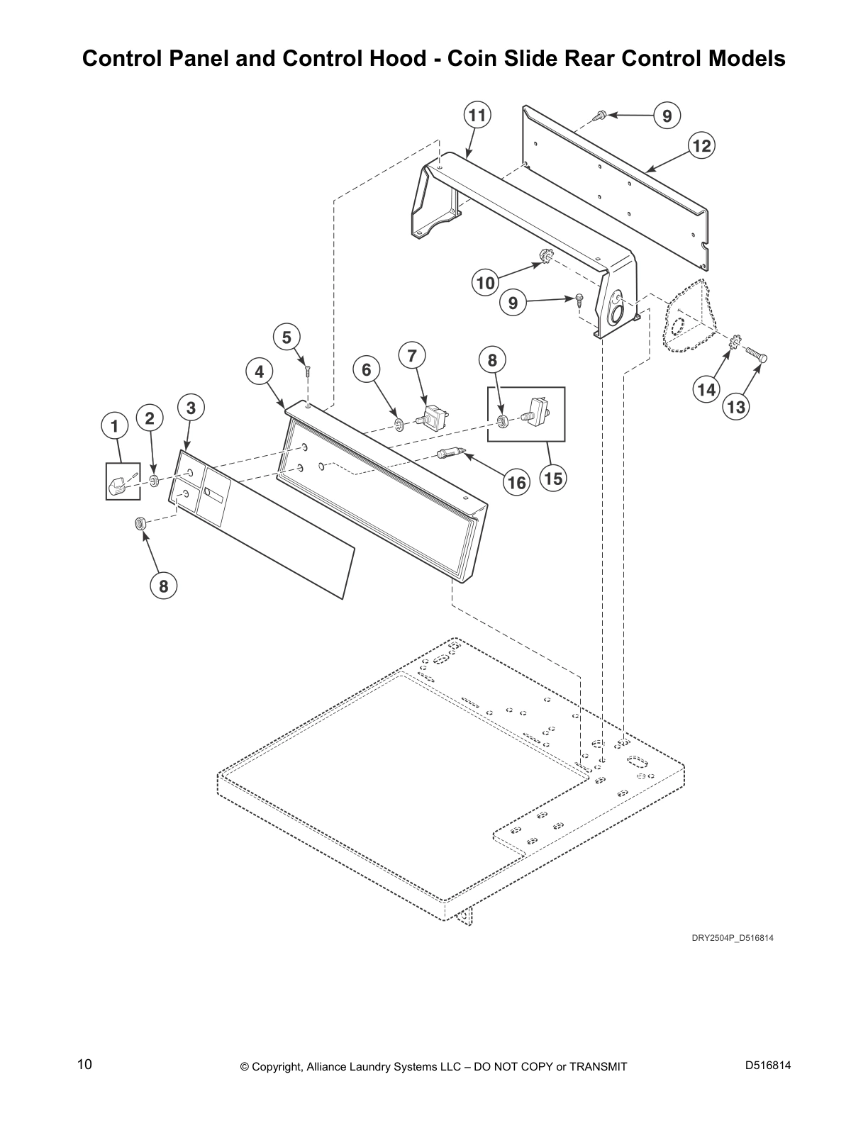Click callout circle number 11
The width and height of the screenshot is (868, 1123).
(478, 116)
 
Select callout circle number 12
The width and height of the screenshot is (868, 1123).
(701, 146)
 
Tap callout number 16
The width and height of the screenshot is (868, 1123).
(516, 483)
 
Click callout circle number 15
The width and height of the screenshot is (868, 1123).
(553, 479)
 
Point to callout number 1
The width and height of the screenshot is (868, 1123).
(113, 426)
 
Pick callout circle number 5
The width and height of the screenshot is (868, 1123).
(286, 337)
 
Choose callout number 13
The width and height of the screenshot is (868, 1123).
(736, 407)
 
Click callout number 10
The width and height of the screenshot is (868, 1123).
(485, 284)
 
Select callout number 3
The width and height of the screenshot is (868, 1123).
(191, 408)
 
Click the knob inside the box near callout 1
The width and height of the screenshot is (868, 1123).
(118, 486)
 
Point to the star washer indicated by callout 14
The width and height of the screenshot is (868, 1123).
(735, 345)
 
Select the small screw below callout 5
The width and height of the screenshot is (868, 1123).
(308, 369)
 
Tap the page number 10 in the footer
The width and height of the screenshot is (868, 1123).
(84, 1065)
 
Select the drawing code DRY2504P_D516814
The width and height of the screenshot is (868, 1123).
(732, 938)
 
